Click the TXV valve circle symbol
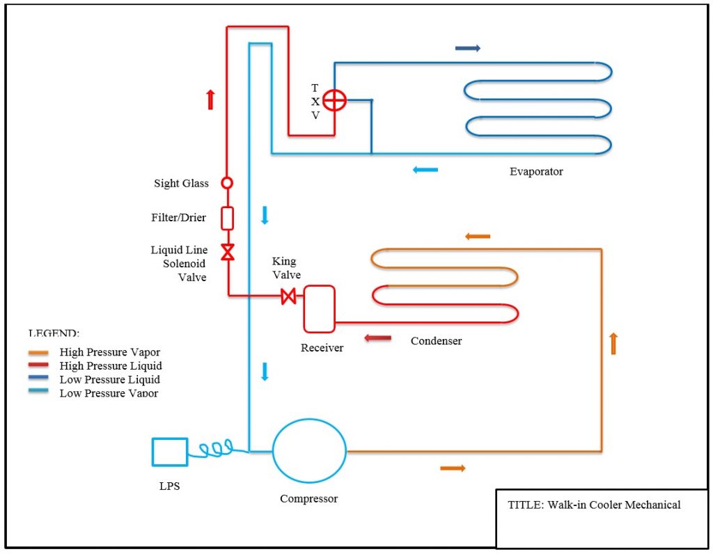[334, 101]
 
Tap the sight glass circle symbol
[227, 183]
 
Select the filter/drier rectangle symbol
[227, 218]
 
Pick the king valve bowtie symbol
[288, 296]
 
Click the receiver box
[319, 308]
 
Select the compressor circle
[309, 452]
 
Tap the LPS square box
[170, 452]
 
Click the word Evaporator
[536, 171]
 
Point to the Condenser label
[436, 341]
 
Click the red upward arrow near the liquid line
[211, 100]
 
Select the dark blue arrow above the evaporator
[467, 48]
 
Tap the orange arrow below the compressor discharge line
[453, 468]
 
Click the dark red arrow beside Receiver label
[378, 339]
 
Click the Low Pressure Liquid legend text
[110, 379]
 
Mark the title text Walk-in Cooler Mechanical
[594, 505]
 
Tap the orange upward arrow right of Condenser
[613, 343]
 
